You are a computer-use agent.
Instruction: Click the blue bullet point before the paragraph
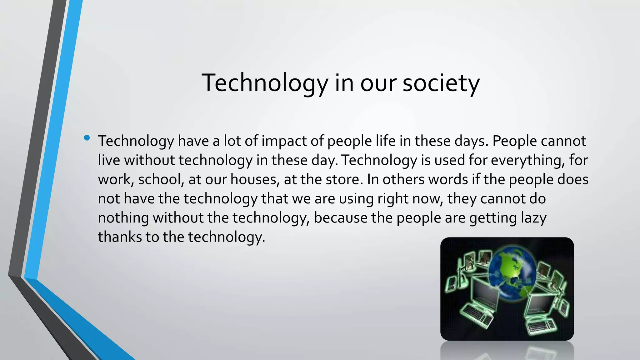pos(87,137)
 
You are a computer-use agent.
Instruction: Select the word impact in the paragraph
pos(284,141)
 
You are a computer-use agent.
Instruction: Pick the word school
pos(161,179)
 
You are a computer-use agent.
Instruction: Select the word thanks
pos(120,237)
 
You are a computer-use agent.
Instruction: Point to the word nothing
pos(123,218)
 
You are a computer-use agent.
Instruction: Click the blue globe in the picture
pos(512,275)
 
